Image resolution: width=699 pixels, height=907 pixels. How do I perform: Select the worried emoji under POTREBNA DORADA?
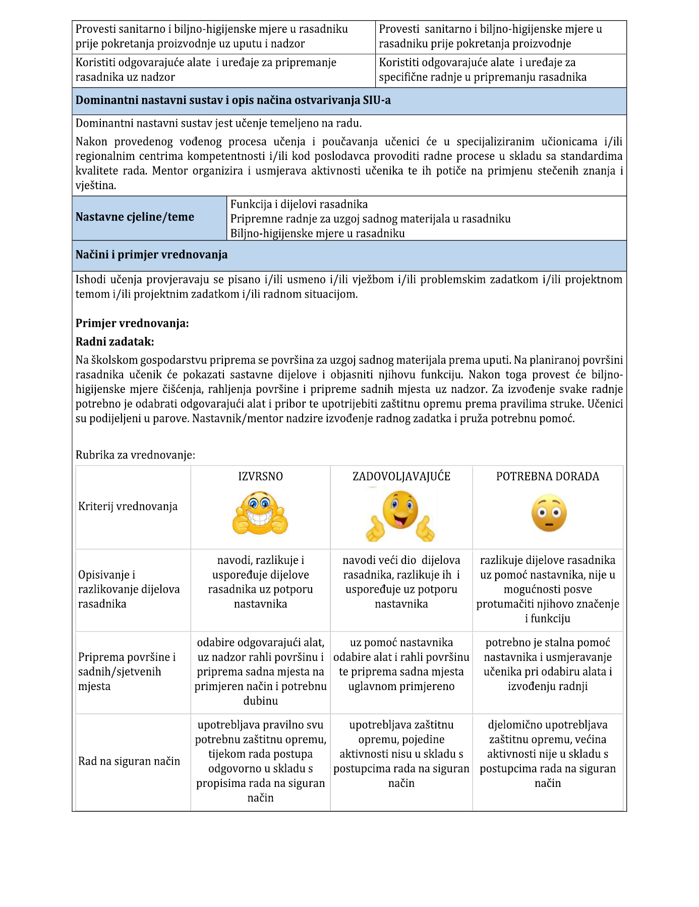click(549, 514)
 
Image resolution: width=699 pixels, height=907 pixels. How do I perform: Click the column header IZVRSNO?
click(260, 477)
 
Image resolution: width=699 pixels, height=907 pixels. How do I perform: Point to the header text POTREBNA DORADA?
click(548, 477)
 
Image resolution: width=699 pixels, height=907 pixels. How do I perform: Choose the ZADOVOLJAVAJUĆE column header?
click(401, 477)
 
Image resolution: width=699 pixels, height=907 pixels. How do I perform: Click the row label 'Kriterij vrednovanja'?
click(128, 506)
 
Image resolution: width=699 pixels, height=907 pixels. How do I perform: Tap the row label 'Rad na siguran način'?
click(129, 761)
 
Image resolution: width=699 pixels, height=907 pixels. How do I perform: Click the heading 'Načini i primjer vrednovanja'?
click(151, 255)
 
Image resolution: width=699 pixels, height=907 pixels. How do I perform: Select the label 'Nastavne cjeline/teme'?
click(135, 217)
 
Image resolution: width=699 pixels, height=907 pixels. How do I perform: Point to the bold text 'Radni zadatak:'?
click(114, 342)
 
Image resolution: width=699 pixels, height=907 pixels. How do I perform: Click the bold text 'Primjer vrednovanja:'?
click(132, 323)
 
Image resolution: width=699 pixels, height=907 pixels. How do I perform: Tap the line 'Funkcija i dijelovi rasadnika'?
click(299, 204)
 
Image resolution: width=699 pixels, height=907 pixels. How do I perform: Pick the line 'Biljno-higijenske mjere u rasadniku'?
click(318, 234)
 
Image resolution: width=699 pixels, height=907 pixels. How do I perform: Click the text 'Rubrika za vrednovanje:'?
click(135, 455)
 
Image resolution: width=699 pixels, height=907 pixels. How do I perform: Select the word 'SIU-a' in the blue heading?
click(376, 100)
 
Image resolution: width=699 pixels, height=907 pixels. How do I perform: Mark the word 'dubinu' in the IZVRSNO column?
click(261, 701)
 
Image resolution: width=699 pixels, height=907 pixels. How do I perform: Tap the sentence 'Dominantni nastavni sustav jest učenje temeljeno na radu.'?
click(218, 123)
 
